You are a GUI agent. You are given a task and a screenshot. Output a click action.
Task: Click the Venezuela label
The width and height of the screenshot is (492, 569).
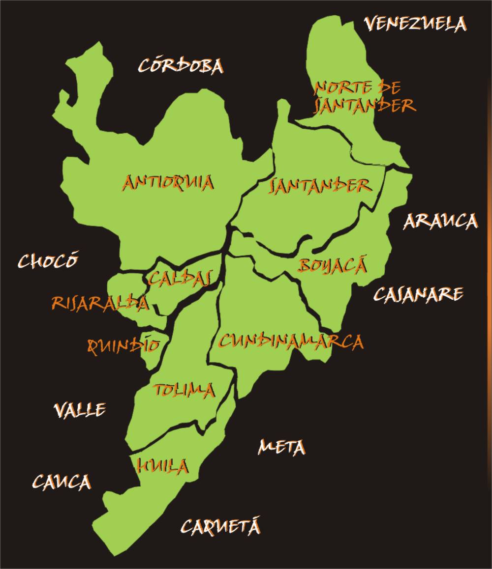(415, 24)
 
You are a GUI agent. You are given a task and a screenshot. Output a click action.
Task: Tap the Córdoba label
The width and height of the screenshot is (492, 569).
(181, 66)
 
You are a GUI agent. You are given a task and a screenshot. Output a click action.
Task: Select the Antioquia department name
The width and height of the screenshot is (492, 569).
(168, 183)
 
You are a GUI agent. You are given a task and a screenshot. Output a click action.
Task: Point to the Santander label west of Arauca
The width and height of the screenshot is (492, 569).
(320, 186)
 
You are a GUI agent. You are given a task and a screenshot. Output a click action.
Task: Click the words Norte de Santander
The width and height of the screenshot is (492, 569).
(364, 97)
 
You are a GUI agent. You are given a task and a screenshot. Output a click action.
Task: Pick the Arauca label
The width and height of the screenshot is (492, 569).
(440, 222)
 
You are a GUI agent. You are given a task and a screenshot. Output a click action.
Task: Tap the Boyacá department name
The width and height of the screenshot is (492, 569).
(333, 266)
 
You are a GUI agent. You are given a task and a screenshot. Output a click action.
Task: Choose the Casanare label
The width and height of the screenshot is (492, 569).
(418, 294)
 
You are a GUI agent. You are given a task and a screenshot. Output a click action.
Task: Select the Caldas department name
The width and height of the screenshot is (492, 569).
(180, 279)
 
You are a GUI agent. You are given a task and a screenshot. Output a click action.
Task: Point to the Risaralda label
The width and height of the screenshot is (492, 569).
(100, 303)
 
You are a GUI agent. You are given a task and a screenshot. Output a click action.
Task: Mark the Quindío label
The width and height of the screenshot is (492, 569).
(123, 345)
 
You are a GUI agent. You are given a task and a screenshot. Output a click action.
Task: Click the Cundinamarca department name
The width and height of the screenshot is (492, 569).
(291, 341)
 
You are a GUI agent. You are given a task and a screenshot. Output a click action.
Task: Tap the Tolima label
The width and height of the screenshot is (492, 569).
(184, 390)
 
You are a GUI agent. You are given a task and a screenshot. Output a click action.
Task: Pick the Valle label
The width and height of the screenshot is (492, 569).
(79, 410)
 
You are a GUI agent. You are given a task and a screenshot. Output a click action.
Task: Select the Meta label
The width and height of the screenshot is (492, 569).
(281, 447)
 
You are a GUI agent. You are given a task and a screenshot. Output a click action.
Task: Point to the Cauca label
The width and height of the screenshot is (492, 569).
(61, 482)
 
